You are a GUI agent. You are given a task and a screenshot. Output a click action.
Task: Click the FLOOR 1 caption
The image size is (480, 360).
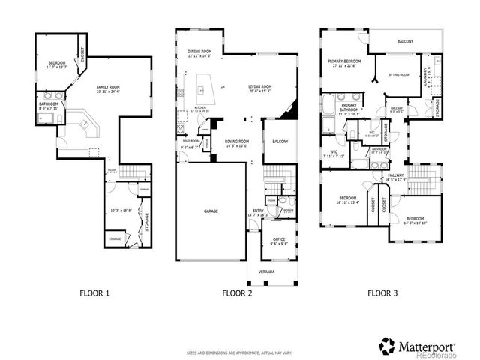coord(94,293)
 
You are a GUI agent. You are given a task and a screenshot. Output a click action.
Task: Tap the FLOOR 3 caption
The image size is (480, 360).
coord(382,293)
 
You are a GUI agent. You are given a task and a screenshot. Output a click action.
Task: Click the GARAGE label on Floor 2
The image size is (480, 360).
coord(211,211)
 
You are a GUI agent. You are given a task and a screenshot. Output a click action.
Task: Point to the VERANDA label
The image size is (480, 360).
coord(267,271)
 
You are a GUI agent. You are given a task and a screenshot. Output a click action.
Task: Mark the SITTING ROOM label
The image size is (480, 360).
coord(399,75)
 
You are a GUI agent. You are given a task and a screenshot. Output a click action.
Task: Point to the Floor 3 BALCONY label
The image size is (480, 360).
coord(405,40)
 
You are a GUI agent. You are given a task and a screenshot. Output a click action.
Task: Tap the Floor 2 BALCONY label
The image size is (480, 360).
coord(280,141)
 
